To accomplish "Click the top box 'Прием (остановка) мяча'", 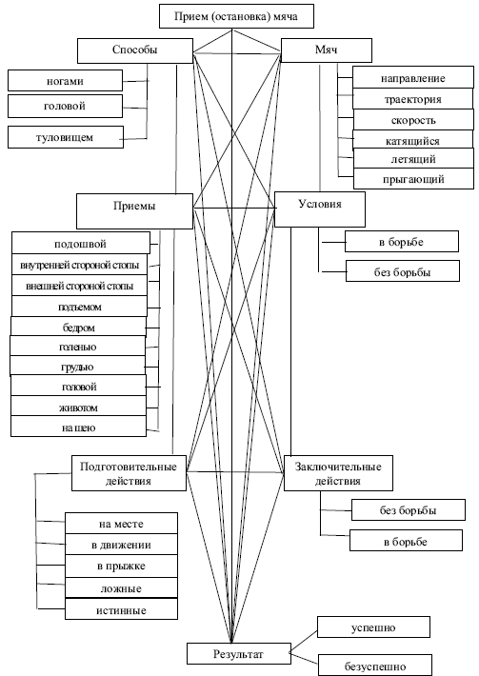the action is (236, 16).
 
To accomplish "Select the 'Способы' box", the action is (135, 50).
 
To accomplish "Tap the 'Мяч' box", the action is (326, 50).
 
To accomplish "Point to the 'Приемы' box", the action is (134, 210).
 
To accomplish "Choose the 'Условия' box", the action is (320, 209).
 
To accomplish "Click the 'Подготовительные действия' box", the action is (129, 473).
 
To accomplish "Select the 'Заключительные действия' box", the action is (338, 473).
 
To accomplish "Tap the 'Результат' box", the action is (238, 653).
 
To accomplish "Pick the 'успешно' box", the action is (373, 626).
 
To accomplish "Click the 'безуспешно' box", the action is (374, 665).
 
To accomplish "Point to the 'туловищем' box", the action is (66, 137).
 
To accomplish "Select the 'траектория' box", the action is (412, 99).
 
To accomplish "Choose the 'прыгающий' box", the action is (413, 178).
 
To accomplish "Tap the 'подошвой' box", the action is (81, 243).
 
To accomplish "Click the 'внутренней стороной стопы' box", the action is (79, 265).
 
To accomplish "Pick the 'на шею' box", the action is (78, 427).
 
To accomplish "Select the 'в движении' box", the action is (121, 545).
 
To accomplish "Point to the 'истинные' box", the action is (121, 609).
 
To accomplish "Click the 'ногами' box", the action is (65, 81).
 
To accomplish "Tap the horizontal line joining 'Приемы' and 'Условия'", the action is (235, 209).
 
